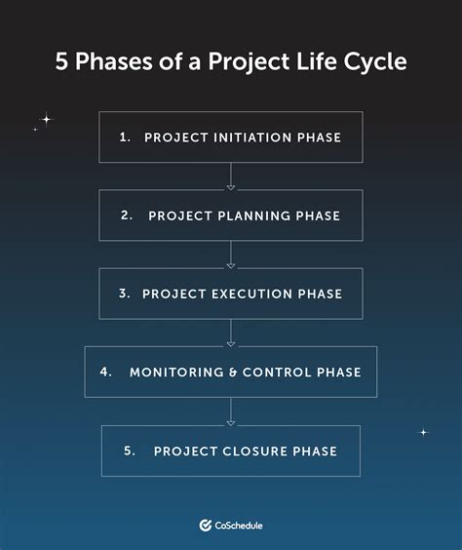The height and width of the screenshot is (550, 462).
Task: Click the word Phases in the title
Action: click(x=112, y=61)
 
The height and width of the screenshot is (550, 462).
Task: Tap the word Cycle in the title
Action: click(x=373, y=61)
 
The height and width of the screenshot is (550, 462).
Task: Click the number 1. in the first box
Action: click(x=125, y=137)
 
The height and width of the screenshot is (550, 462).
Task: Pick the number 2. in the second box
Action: click(x=127, y=216)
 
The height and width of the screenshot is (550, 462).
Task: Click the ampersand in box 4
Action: click(x=233, y=372)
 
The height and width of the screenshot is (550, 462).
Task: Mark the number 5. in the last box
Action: click(x=131, y=451)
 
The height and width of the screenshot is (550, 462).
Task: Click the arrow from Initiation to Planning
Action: click(x=231, y=177)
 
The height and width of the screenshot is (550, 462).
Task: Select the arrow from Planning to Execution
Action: click(x=231, y=255)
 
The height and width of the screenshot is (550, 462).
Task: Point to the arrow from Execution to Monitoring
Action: click(x=231, y=333)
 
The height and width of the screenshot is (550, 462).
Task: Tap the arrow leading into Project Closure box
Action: click(x=231, y=412)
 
